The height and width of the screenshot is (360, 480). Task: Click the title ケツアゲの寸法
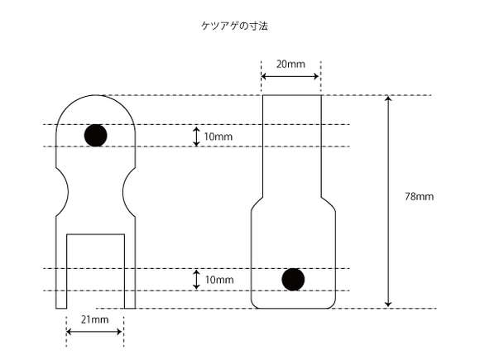[x=234, y=26]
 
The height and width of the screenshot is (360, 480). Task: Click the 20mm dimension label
[x=290, y=65]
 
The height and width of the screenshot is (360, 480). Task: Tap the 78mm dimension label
[x=419, y=196]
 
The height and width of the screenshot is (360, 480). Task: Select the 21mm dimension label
[x=95, y=320]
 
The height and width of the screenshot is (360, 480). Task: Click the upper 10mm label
[x=218, y=137]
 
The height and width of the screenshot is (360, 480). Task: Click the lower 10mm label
[x=219, y=280]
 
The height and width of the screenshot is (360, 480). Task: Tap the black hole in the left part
[x=95, y=135]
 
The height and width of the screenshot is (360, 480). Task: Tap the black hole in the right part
[x=293, y=280]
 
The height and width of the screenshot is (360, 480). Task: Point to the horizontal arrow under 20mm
[x=290, y=76]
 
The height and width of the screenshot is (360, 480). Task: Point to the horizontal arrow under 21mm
[x=94, y=332]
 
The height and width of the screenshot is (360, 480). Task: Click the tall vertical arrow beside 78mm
[x=388, y=201]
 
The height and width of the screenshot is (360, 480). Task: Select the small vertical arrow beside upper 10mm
[x=196, y=137]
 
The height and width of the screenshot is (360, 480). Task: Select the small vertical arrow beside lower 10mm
[x=196, y=280]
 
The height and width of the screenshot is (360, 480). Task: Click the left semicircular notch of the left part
[x=67, y=192]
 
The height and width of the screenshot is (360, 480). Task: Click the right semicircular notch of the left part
[x=123, y=192]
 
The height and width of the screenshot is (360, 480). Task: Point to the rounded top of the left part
[x=95, y=95]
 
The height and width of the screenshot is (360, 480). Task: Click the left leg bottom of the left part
[x=61, y=308]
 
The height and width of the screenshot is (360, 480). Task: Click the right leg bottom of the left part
[x=130, y=308]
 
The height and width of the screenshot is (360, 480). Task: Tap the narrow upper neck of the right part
[x=292, y=146]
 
